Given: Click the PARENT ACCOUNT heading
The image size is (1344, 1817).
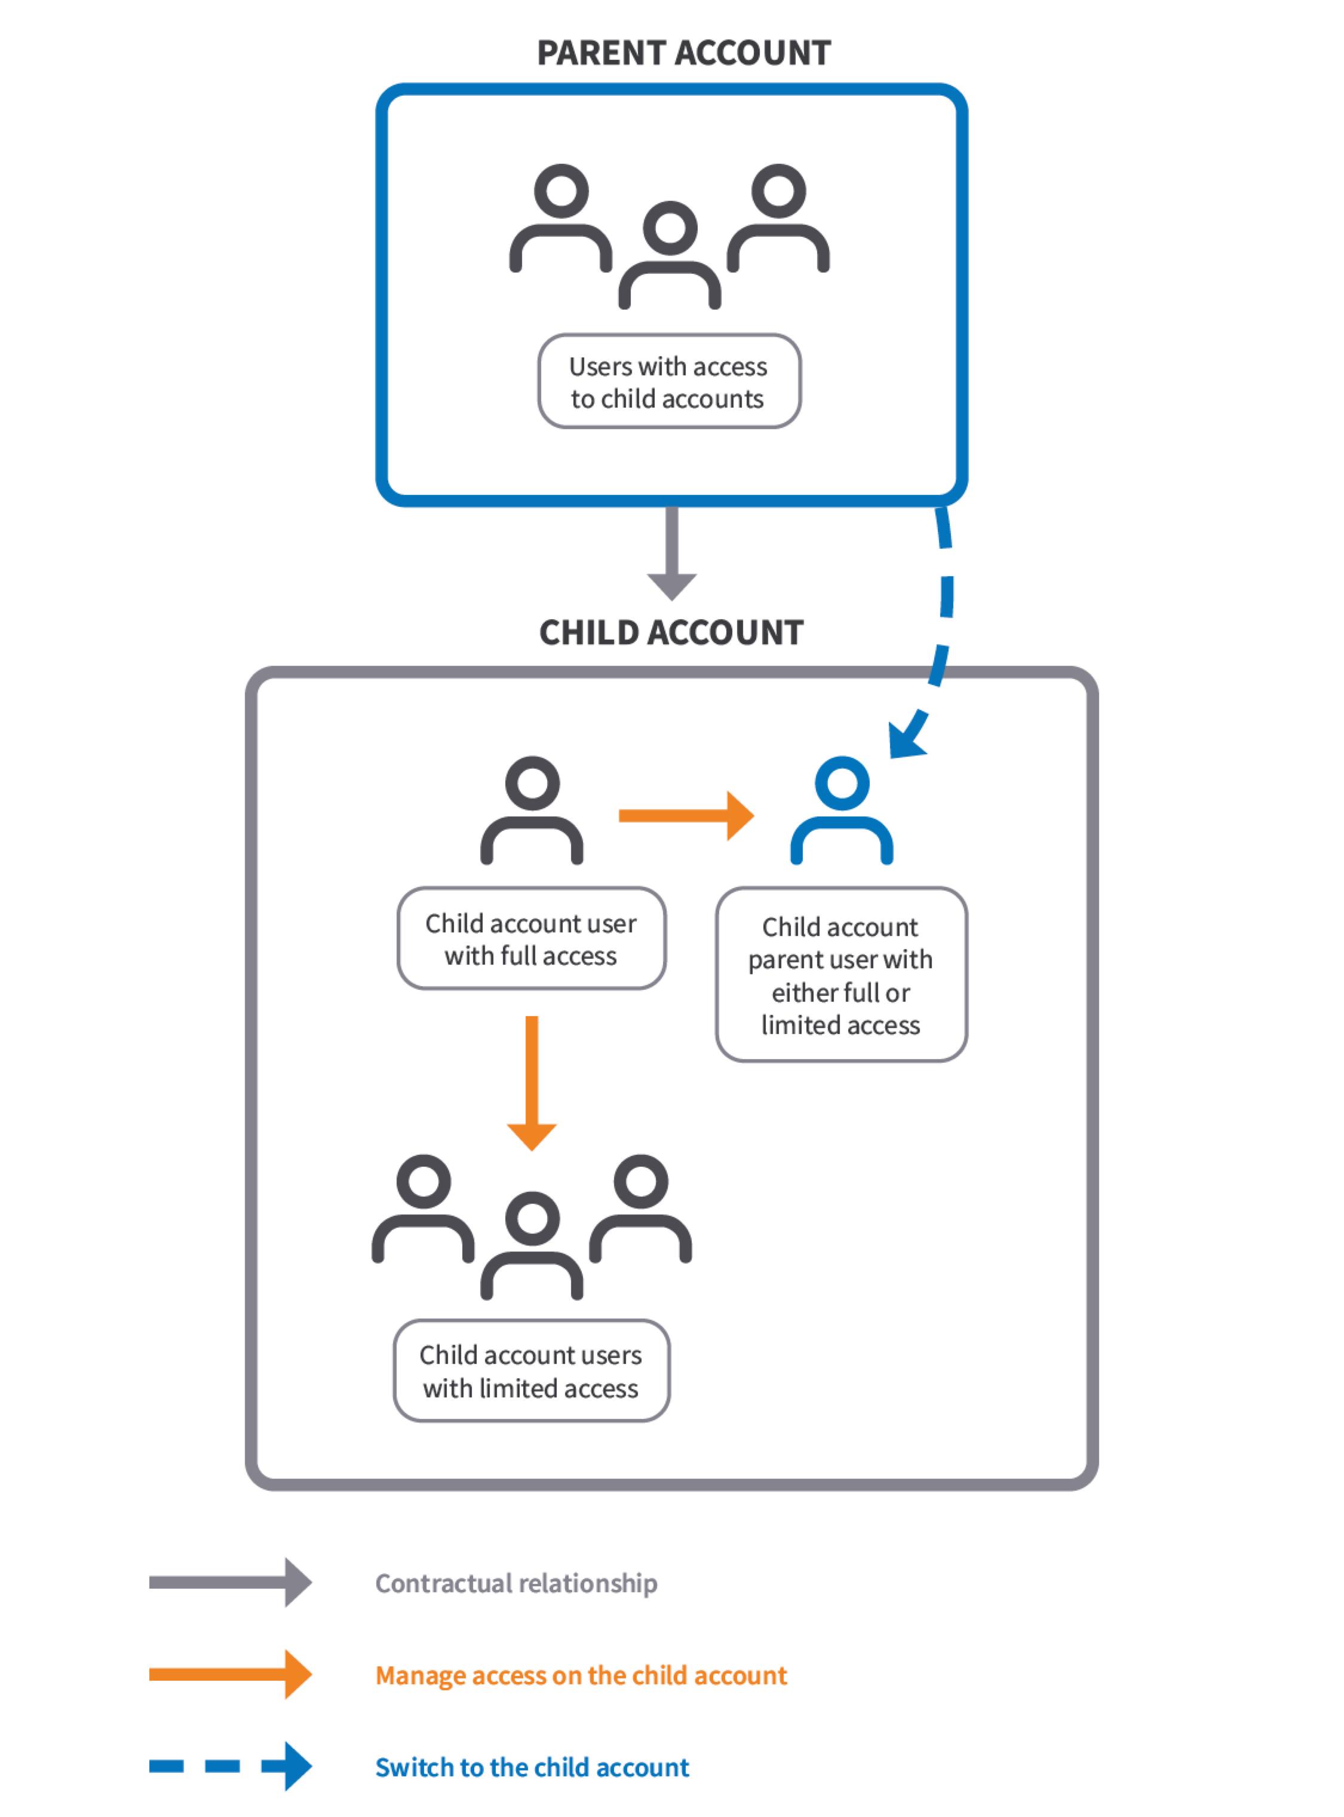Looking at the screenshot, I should (683, 54).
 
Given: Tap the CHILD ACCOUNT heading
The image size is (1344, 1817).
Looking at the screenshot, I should (671, 632).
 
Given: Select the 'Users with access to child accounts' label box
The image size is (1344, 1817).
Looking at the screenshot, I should (669, 382).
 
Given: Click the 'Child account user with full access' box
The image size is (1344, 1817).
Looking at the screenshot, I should (531, 938).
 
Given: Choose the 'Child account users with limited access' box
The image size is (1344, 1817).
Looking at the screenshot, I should (531, 1371).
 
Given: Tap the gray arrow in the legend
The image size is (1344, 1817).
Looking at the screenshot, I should (230, 1583).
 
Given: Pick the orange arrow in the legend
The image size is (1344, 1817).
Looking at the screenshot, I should (230, 1675).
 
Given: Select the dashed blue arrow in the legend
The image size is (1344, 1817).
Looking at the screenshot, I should (230, 1767).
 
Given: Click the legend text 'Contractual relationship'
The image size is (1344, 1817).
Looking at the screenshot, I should (515, 1583).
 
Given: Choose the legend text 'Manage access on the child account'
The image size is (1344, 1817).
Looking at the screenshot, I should (581, 1675).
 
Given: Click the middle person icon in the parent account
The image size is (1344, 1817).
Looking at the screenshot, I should (670, 256).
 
